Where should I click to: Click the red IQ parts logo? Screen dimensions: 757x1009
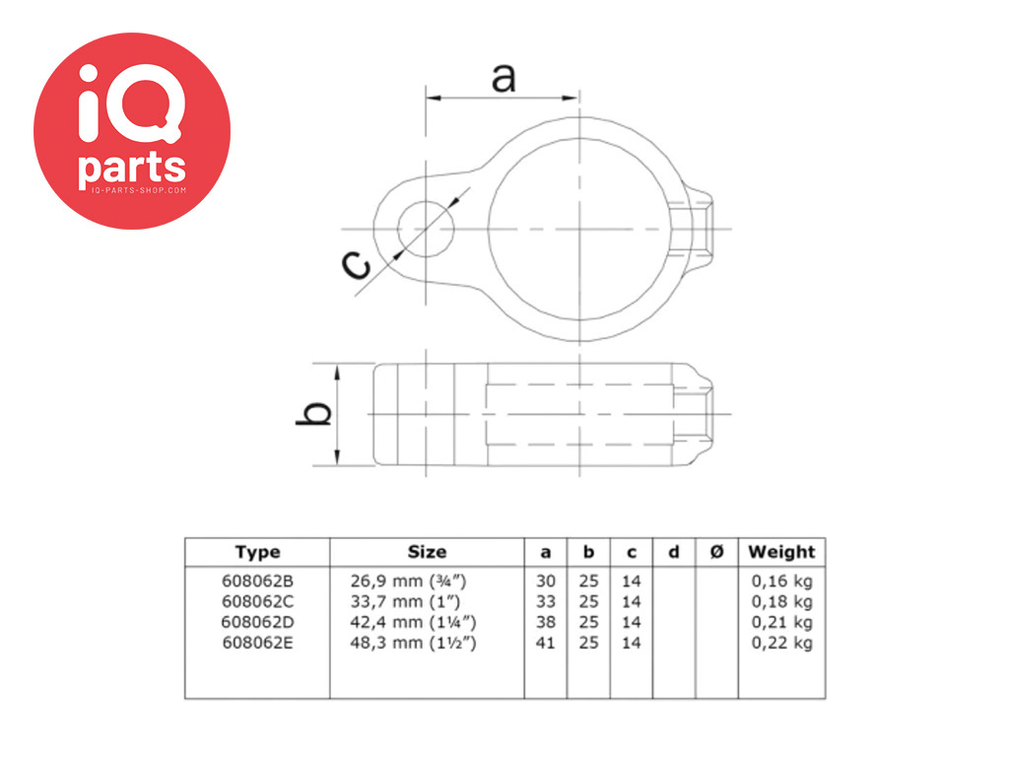tap(132, 131)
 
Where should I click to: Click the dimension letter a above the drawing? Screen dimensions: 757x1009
tap(504, 76)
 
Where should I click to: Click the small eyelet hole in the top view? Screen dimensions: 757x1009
tap(426, 228)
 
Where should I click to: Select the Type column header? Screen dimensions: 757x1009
tap(257, 552)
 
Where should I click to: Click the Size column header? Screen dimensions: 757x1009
tap(427, 552)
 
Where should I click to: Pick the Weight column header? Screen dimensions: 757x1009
tap(781, 552)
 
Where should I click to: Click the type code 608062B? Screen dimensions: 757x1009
tap(257, 581)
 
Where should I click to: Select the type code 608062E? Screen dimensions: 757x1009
tap(257, 643)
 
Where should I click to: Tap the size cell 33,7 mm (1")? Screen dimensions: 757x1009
tap(405, 601)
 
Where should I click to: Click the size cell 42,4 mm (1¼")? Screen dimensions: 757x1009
tap(414, 622)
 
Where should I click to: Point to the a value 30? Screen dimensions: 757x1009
tap(546, 581)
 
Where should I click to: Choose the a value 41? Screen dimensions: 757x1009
tap(546, 643)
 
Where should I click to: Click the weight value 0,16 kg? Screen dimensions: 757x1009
tap(782, 581)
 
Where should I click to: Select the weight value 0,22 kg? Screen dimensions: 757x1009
tap(782, 643)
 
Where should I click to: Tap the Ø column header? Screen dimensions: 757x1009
tap(716, 552)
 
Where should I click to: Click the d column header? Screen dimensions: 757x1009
tap(674, 552)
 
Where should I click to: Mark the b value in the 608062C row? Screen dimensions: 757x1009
tap(588, 601)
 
